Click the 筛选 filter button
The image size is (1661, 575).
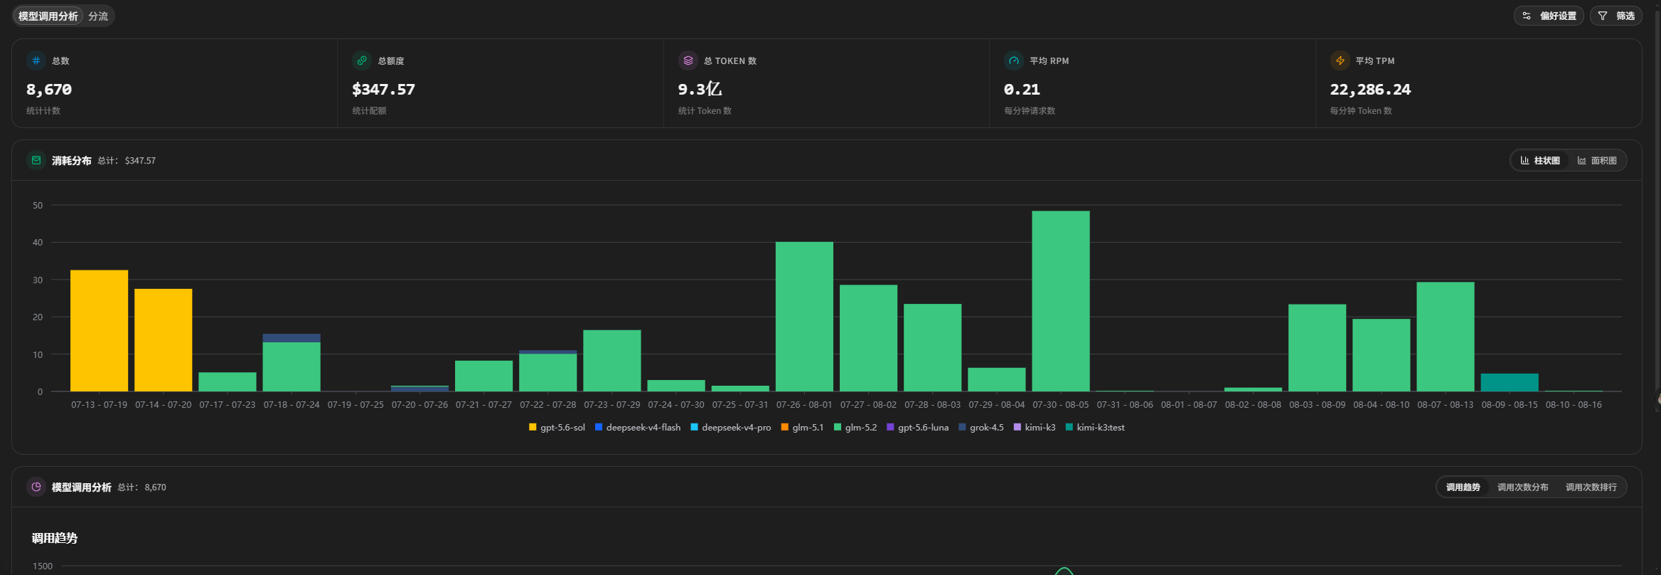[1615, 16]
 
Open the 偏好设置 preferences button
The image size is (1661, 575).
[1549, 16]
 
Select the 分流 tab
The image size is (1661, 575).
[98, 16]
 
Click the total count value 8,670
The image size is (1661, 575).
[49, 90]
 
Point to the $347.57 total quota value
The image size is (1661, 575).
[383, 90]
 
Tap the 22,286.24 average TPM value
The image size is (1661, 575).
[1370, 90]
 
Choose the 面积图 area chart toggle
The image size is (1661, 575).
[1597, 161]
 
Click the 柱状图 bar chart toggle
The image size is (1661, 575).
[1540, 161]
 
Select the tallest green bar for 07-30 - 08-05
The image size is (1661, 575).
[1060, 301]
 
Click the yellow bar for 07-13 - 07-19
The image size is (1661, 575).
[99, 331]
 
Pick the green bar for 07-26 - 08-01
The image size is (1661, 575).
[804, 317]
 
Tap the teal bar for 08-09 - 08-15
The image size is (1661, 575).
[1509, 382]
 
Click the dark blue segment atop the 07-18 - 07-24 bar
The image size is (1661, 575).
[292, 338]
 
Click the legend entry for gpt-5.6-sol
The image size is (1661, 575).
[557, 428]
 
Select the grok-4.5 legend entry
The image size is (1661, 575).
[981, 428]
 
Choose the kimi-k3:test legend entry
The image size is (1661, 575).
[1095, 428]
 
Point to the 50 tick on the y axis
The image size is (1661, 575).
[38, 206]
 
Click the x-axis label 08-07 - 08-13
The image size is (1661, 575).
[1446, 405]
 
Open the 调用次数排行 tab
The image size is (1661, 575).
[1591, 487]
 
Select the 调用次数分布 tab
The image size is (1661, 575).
[1523, 487]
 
